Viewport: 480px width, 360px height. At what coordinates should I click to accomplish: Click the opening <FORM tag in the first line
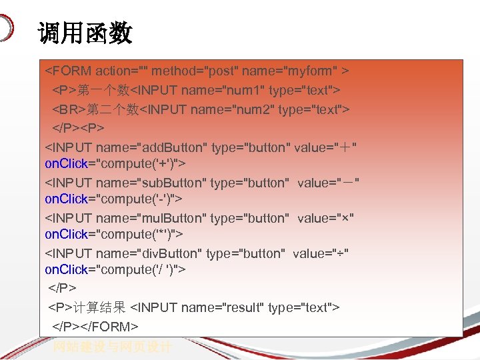(68, 70)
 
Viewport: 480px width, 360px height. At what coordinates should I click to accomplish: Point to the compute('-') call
(139, 199)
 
